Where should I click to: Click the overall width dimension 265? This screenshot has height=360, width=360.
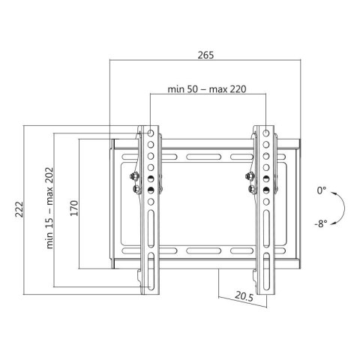[x=205, y=55]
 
